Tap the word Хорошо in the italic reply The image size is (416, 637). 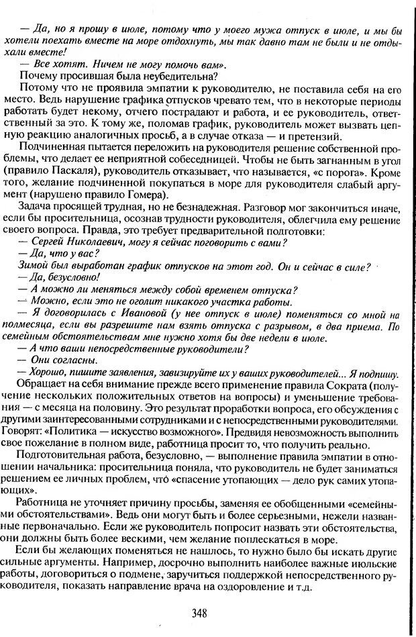coord(52,373)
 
